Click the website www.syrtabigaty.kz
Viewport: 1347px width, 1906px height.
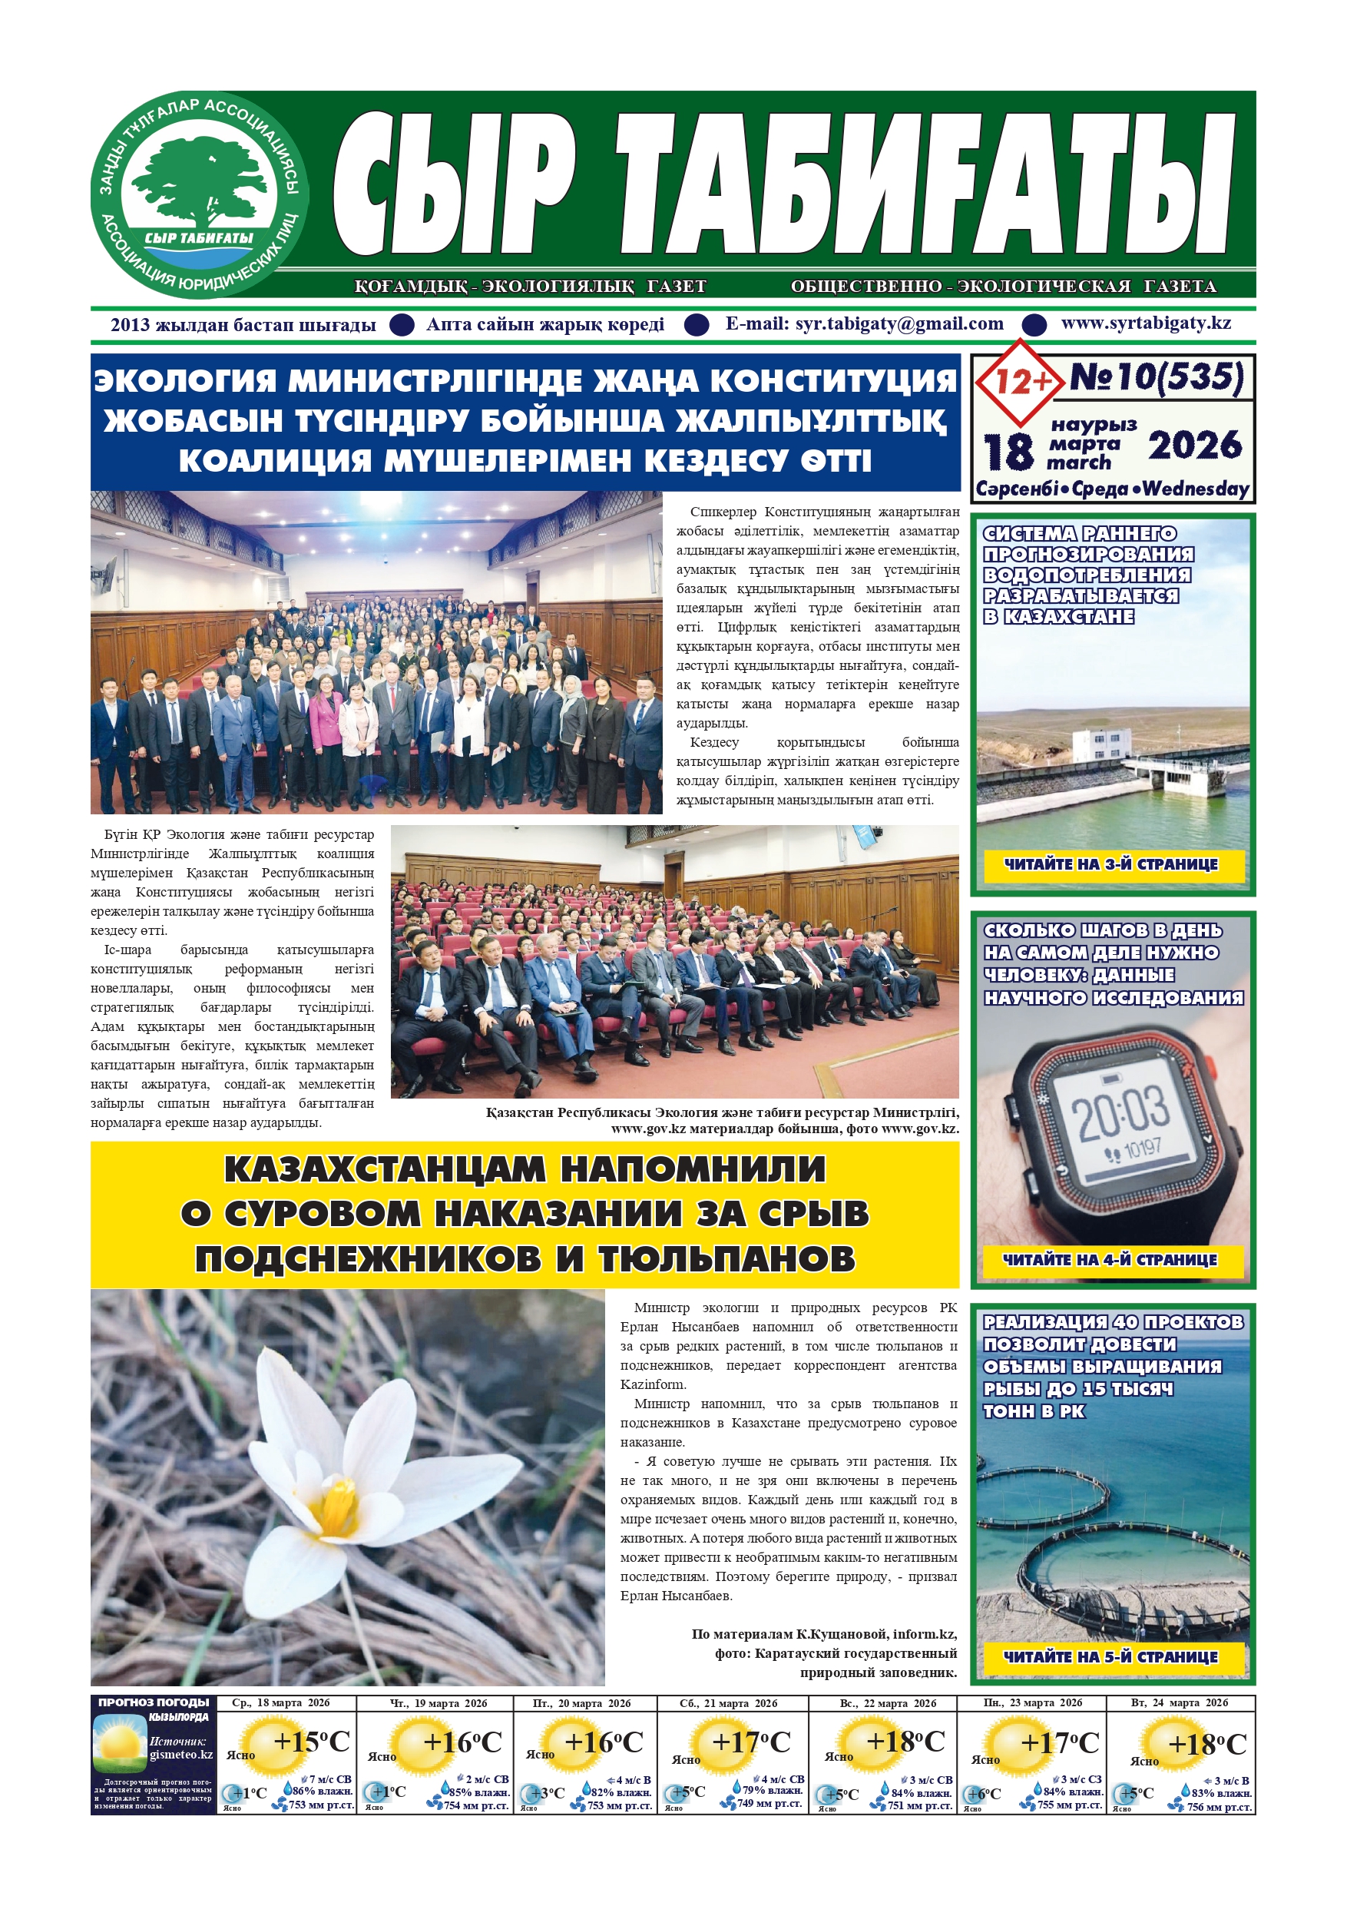(1145, 323)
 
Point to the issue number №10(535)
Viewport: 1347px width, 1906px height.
(1156, 378)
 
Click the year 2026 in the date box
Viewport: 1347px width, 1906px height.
(1194, 446)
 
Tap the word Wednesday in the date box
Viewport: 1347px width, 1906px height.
(1196, 489)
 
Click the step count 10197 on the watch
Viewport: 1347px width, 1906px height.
(1140, 1150)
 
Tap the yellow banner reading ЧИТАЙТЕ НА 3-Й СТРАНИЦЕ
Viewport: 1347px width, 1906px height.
(1110, 864)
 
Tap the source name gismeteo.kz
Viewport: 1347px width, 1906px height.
(181, 1754)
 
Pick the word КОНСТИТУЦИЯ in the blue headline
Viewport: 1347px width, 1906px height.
(833, 381)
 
